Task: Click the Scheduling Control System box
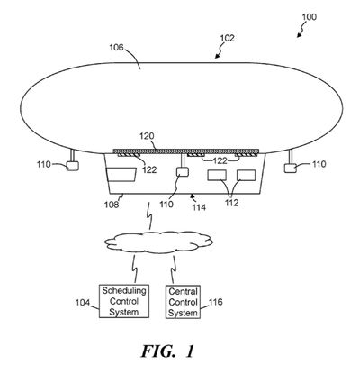coord(124,301)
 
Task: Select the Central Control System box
coord(183,302)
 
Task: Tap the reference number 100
coord(309,17)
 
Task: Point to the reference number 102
coord(228,39)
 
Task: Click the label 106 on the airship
coord(116,47)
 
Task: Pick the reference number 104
coord(83,303)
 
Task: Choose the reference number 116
coord(215,302)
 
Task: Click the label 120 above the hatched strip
coord(147,136)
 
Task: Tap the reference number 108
coord(112,205)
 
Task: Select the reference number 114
coord(198,207)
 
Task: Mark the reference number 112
coord(232,203)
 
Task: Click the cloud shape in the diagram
coord(159,241)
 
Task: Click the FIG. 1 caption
coord(167,351)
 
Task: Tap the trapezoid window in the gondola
coord(121,175)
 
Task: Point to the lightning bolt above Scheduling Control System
coord(135,269)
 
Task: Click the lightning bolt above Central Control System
coord(173,269)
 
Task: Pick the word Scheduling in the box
coord(124,291)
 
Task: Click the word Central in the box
coord(183,291)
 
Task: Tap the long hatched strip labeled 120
coord(186,151)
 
